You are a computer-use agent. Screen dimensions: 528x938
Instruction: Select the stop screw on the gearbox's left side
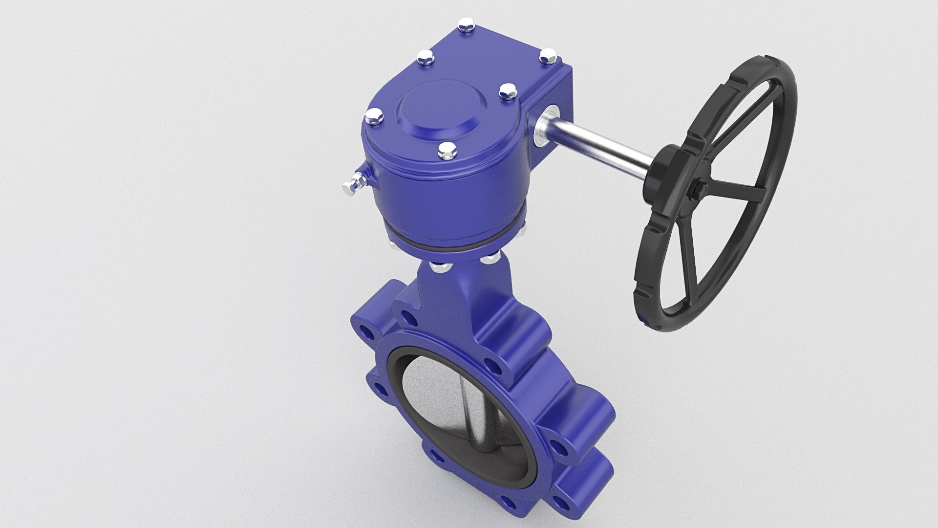pyautogui.click(x=350, y=185)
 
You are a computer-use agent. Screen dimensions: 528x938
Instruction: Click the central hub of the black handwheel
pyautogui.click(x=698, y=188)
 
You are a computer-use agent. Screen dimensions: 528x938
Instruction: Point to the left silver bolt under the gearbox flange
pyautogui.click(x=438, y=267)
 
